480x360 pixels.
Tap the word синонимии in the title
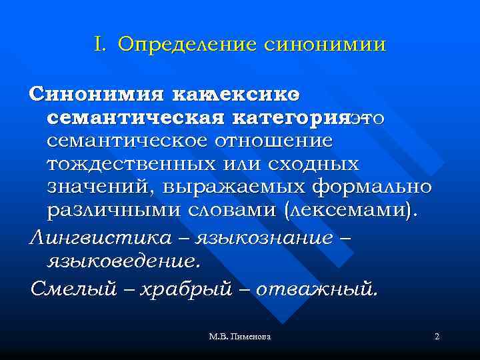coord(325,45)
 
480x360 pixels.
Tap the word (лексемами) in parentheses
coord(353,210)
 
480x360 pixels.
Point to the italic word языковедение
coord(123,261)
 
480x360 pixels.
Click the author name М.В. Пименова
coord(239,337)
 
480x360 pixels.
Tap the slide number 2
coord(437,337)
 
